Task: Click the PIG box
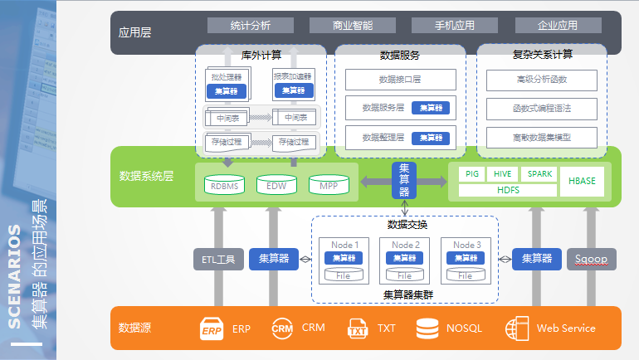(472, 174)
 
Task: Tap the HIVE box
(503, 174)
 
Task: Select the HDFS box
(508, 190)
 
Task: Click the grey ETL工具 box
(218, 260)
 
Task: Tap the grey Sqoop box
(591, 260)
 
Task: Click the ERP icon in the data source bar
(212, 328)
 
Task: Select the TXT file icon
(358, 328)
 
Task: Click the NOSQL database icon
(427, 328)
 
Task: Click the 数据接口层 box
(400, 80)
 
